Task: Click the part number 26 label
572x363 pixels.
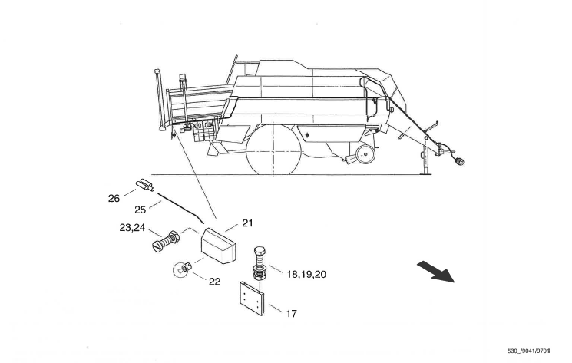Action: (x=114, y=199)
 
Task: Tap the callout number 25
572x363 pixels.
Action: (x=140, y=210)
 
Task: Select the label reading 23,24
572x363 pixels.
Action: (x=132, y=227)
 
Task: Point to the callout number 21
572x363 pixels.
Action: (x=246, y=223)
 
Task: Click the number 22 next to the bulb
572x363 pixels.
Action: (x=214, y=282)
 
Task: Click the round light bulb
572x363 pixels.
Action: (x=180, y=269)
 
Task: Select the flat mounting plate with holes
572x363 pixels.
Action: (x=252, y=298)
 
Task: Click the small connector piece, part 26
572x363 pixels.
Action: (x=144, y=184)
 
